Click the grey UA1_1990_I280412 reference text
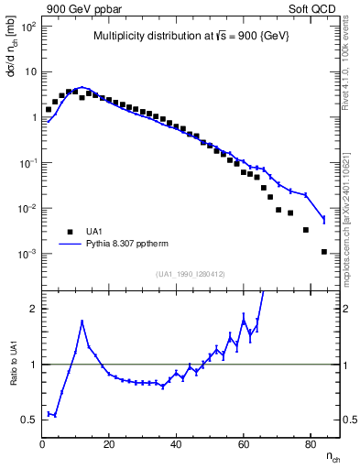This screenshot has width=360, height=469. pos(191,274)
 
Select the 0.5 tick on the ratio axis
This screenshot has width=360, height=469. pos(28,420)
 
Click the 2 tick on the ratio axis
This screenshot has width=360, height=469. pos(32,309)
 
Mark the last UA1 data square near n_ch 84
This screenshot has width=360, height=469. pos(323,251)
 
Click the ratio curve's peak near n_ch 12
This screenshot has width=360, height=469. pos(82,322)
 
